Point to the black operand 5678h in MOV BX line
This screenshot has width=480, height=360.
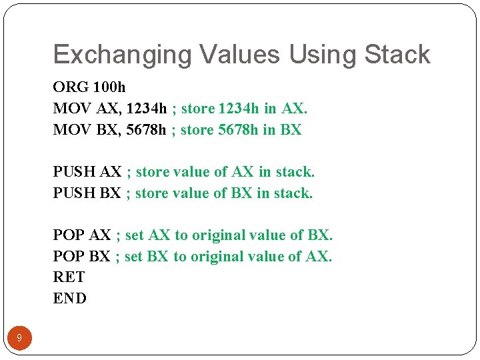tap(144, 130)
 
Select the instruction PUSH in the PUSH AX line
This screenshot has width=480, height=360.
tap(74, 172)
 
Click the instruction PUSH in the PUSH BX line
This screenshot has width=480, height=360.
tap(74, 193)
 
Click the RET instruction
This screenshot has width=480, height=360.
tap(69, 277)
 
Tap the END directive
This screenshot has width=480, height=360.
tap(69, 298)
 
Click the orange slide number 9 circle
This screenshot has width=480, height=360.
tap(19, 338)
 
